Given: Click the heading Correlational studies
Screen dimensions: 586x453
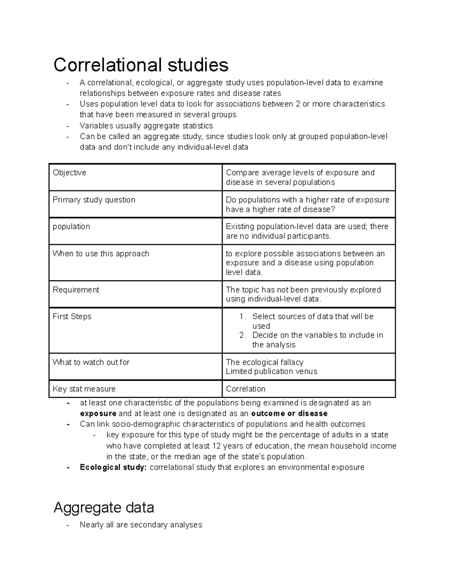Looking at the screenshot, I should tap(141, 65).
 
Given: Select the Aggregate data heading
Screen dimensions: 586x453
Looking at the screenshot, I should tap(104, 508).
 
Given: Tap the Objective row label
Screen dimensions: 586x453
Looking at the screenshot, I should tap(69, 173).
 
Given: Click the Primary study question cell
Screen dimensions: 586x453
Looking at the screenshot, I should tap(94, 200).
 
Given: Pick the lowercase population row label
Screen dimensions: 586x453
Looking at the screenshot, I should tap(71, 227).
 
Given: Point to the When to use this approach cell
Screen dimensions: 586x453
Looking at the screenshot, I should tap(101, 254).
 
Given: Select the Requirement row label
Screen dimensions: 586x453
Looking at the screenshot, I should tap(76, 290).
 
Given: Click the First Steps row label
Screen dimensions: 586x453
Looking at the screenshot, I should tap(72, 317).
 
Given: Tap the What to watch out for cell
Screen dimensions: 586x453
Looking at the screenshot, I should tap(91, 362).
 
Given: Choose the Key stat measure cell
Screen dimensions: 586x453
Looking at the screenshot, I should tap(84, 389).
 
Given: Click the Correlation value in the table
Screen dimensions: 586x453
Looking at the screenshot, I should tap(245, 389).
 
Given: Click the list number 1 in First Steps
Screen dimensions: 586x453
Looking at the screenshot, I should tap(243, 317).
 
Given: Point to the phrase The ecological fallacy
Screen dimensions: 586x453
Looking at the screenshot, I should tap(264, 362).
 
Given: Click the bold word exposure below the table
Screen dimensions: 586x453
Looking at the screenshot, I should tap(98, 414).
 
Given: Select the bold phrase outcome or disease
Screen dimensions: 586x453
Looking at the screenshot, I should tap(289, 414).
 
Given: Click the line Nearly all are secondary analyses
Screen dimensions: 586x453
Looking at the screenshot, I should tap(141, 525).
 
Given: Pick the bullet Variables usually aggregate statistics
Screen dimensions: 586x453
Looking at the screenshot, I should tap(146, 126).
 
